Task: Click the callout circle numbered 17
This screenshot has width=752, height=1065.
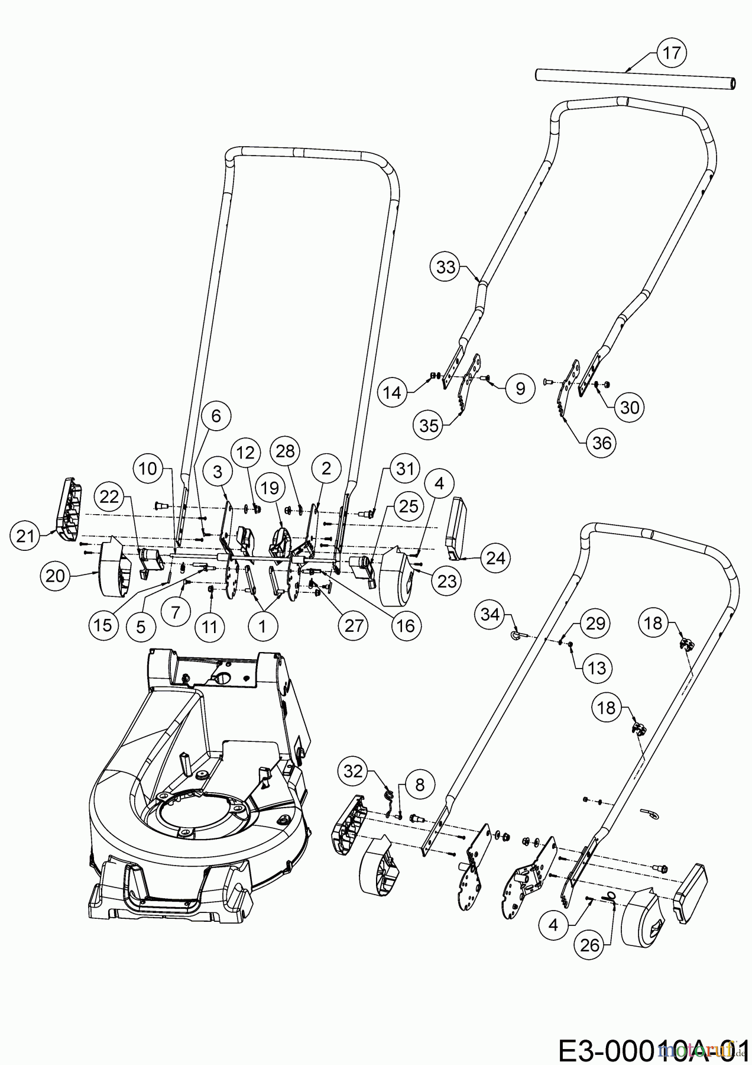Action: click(x=671, y=53)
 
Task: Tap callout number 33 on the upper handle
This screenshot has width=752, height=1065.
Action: click(x=446, y=267)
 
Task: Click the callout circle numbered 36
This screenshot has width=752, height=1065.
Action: click(x=601, y=443)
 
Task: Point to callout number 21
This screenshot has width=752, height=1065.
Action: click(x=25, y=536)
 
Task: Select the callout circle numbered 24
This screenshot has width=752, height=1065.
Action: click(x=495, y=558)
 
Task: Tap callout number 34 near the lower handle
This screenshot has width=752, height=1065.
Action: click(x=490, y=614)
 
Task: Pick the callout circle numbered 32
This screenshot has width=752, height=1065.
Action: click(x=353, y=771)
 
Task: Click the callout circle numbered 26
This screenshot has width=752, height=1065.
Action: click(x=589, y=945)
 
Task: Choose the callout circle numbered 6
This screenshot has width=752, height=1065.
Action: click(x=216, y=416)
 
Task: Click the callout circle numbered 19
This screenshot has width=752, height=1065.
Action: click(x=270, y=488)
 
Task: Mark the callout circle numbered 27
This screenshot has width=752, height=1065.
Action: click(x=354, y=625)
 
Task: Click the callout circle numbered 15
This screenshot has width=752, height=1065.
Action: click(x=103, y=625)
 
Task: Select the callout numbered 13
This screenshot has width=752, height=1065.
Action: click(x=597, y=668)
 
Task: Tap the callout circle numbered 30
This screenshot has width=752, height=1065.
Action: click(x=630, y=407)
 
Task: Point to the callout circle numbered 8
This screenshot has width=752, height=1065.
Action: click(x=420, y=785)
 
